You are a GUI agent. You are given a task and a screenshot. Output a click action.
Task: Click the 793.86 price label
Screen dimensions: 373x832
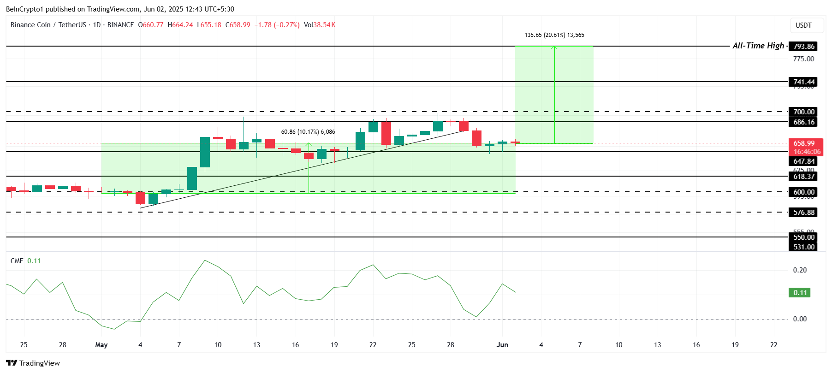(804, 46)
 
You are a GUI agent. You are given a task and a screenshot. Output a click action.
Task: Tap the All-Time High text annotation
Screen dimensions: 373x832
(758, 46)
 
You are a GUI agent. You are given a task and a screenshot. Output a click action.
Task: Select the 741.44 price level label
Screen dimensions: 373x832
(804, 82)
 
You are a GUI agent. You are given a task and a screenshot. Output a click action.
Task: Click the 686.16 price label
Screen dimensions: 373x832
(804, 122)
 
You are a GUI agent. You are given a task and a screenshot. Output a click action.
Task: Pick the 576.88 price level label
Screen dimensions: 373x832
(804, 213)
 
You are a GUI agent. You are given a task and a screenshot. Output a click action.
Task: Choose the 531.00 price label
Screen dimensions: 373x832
(804, 247)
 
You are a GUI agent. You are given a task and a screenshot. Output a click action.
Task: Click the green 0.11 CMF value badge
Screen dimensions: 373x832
(800, 293)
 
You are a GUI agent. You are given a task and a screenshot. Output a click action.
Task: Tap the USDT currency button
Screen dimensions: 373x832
(803, 25)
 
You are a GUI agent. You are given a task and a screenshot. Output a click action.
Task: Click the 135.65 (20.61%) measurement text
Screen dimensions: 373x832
(554, 35)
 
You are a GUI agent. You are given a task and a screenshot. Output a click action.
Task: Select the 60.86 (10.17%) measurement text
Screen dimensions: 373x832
(308, 132)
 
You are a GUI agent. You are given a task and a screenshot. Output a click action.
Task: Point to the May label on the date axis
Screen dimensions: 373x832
(101, 345)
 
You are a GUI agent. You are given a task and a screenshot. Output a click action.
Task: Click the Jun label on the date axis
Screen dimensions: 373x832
(502, 345)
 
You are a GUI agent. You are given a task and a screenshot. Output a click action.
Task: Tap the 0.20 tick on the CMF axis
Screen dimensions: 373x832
(800, 270)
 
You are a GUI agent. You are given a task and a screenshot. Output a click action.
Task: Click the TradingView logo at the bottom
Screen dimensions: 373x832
(33, 363)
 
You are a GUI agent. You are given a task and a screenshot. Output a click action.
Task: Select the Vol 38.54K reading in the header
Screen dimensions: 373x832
(320, 25)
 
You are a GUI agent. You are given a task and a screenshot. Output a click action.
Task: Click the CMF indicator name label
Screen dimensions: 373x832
(17, 261)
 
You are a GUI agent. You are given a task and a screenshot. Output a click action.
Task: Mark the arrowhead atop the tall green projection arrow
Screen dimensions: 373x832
(554, 47)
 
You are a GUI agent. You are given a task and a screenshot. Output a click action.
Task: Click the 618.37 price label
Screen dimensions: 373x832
(804, 177)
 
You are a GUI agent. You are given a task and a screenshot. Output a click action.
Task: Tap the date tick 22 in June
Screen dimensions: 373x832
(773, 345)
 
